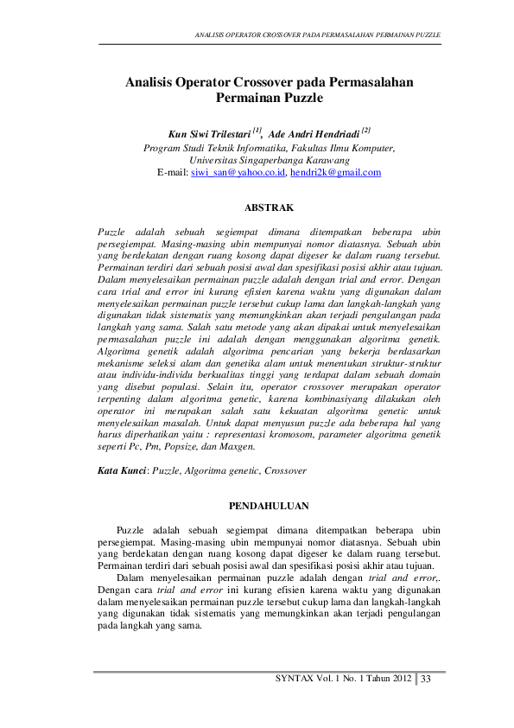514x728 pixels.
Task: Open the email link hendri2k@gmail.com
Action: click(336, 173)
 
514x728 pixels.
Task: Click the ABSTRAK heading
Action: click(270, 208)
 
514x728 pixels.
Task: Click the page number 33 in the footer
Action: click(426, 679)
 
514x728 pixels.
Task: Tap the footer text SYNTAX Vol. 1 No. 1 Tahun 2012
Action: click(342, 679)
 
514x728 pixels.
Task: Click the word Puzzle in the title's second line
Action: click(301, 99)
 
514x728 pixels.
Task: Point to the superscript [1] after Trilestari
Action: click(257, 131)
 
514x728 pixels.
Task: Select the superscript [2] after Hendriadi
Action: click(366, 131)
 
